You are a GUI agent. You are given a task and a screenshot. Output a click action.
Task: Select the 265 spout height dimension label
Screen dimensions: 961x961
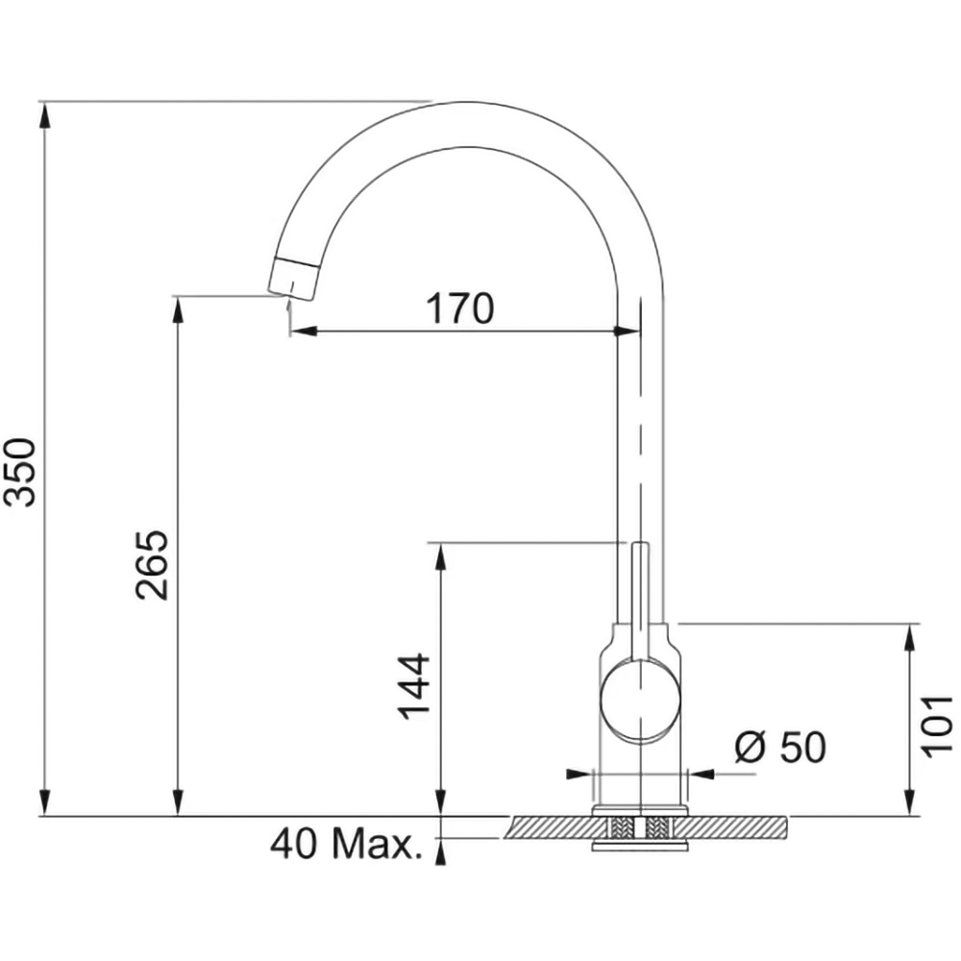click(x=152, y=564)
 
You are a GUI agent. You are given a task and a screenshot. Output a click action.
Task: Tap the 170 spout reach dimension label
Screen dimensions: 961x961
click(x=459, y=308)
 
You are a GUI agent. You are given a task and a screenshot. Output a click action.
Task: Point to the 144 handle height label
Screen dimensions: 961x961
click(x=413, y=686)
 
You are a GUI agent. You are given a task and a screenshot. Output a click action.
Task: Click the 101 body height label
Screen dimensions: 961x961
click(x=938, y=727)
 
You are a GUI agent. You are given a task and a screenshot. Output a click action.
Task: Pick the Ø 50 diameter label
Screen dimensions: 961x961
click(x=780, y=748)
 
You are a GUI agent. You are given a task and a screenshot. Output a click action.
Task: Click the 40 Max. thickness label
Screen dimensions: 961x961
click(x=346, y=844)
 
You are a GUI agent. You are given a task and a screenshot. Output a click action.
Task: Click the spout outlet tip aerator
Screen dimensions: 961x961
click(x=294, y=279)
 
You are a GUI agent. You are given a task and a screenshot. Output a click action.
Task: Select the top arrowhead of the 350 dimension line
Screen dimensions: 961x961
click(x=43, y=114)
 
